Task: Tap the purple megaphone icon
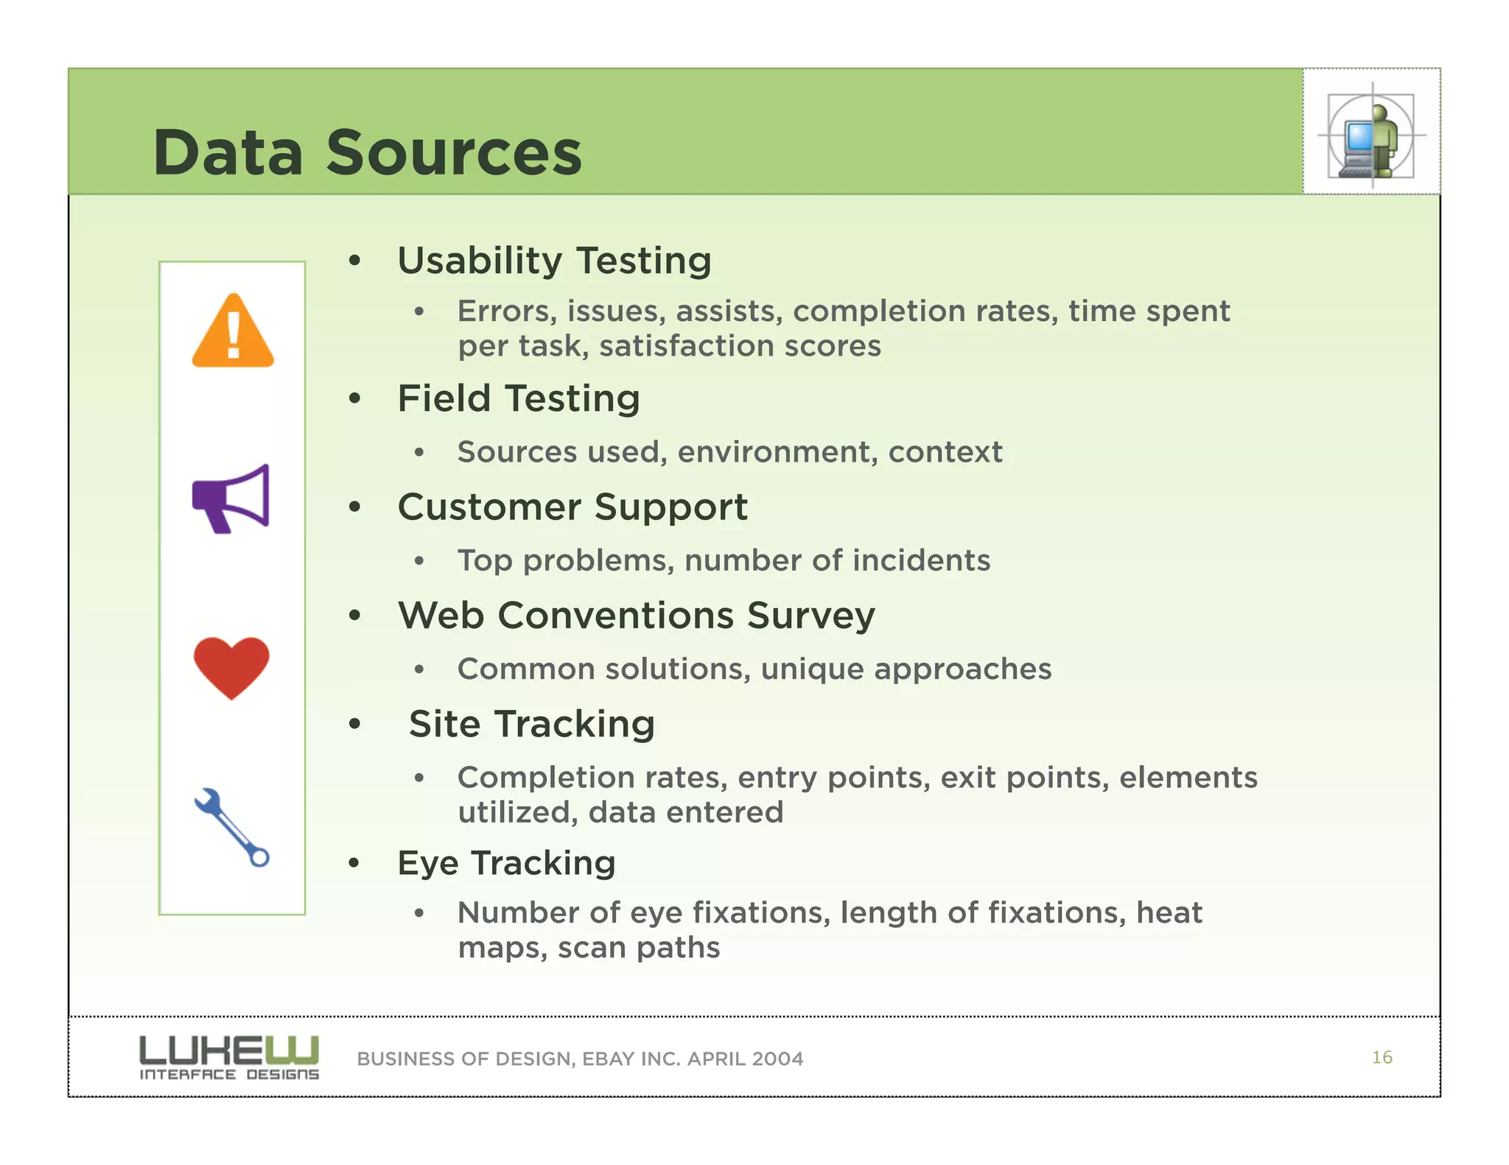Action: pyautogui.click(x=231, y=499)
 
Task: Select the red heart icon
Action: pyautogui.click(x=231, y=666)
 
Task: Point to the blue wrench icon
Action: pyautogui.click(x=232, y=827)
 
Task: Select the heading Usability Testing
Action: pyautogui.click(x=554, y=261)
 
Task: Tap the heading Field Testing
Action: pyautogui.click(x=518, y=398)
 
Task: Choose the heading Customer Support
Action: pyautogui.click(x=573, y=507)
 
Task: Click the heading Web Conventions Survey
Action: pyautogui.click(x=636, y=615)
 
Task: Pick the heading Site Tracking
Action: pyautogui.click(x=531, y=724)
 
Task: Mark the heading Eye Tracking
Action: pyautogui.click(x=506, y=862)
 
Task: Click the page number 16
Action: pyautogui.click(x=1382, y=1057)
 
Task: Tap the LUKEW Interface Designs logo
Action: pyautogui.click(x=229, y=1057)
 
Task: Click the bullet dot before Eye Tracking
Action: pyautogui.click(x=355, y=862)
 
